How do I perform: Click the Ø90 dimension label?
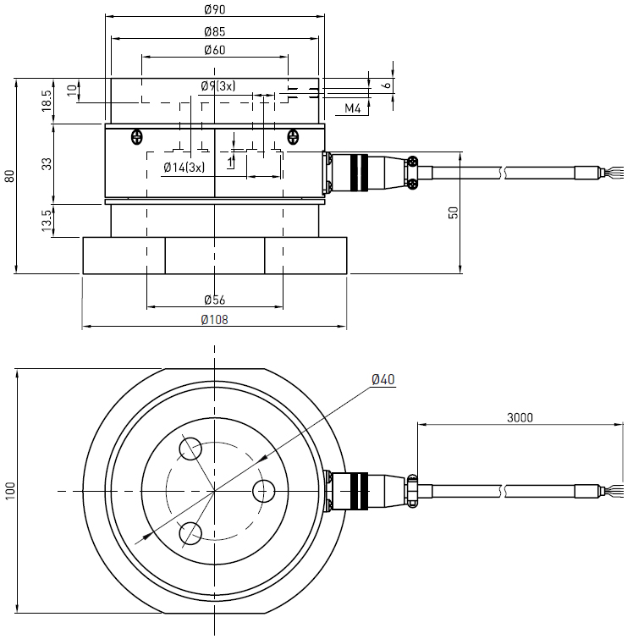215,9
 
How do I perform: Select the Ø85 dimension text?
215,31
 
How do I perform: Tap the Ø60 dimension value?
215,51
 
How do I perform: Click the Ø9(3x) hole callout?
218,86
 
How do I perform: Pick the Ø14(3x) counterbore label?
184,167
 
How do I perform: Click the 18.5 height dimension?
47,99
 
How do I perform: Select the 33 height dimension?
47,163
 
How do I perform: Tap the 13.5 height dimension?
47,219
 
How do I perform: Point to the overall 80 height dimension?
9,176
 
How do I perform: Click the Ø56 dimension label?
215,300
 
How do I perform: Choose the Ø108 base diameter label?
215,320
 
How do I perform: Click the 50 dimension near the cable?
454,212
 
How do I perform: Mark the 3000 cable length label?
520,417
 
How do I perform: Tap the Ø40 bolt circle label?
383,379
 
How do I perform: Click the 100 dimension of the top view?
9,491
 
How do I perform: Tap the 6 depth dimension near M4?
387,85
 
